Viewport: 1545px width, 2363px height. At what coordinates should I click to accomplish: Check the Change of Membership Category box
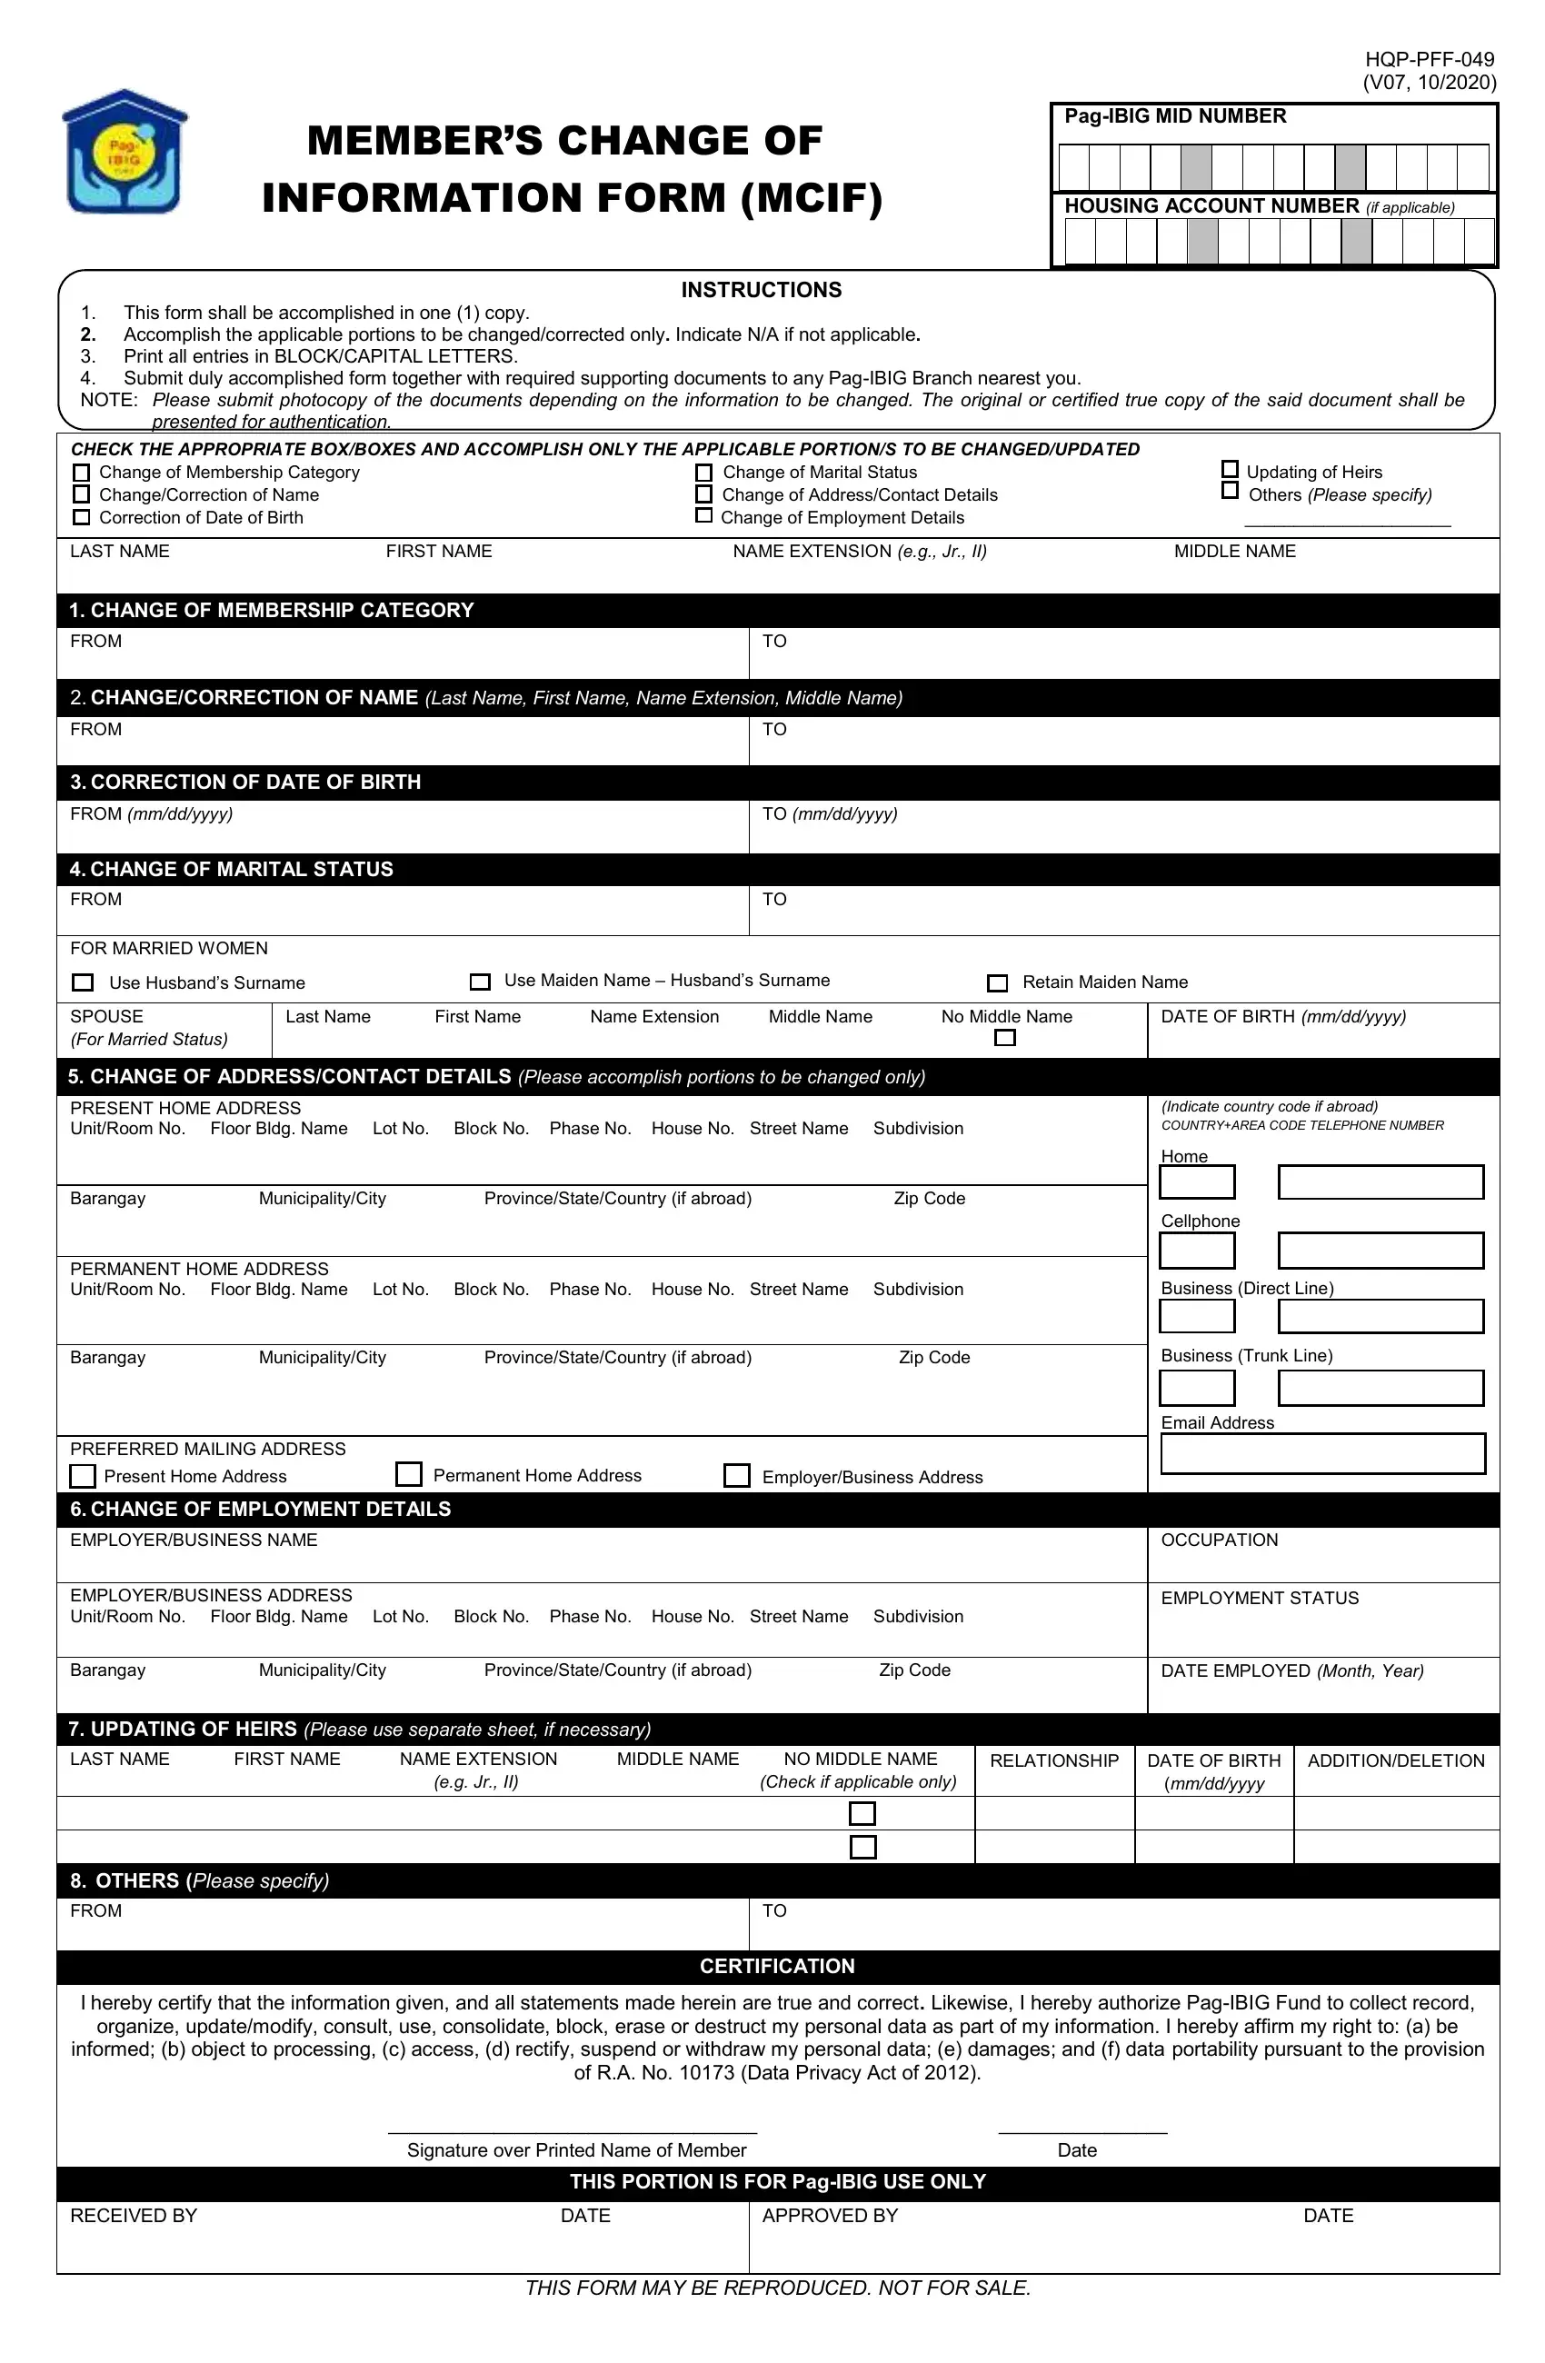(x=82, y=473)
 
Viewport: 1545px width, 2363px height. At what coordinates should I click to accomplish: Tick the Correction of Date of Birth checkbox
(x=82, y=517)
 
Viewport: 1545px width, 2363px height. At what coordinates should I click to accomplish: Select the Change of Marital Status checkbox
(x=703, y=473)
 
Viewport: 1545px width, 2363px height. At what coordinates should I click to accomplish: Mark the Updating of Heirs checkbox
(x=1230, y=470)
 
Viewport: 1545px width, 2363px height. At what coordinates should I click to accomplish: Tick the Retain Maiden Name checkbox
(x=996, y=983)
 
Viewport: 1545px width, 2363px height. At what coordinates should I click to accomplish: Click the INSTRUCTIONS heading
(x=761, y=290)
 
